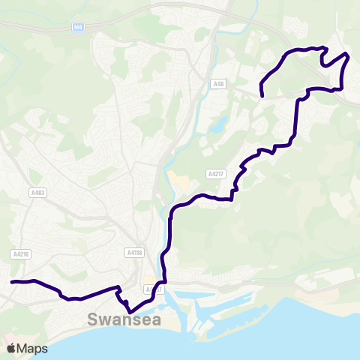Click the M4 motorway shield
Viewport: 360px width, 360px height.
click(78, 28)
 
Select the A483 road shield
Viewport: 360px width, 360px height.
click(38, 193)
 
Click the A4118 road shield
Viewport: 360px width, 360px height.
click(135, 253)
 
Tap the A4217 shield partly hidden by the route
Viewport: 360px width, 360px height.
click(153, 288)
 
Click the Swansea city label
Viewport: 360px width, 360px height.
click(124, 320)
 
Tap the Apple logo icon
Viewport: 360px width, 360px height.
click(11, 348)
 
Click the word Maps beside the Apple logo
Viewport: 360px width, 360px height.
click(32, 349)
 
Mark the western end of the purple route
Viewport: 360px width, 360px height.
click(12, 282)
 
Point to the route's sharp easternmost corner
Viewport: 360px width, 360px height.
click(349, 55)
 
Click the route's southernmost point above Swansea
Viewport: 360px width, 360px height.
click(130, 311)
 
